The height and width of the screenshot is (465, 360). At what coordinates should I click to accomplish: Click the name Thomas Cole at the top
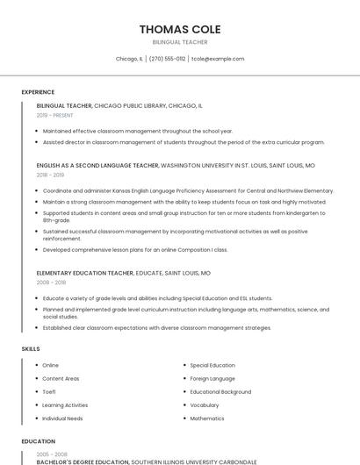point(180,30)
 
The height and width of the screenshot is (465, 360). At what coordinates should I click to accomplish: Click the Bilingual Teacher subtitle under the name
point(180,42)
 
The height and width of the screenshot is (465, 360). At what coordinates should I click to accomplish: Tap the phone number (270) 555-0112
point(167,59)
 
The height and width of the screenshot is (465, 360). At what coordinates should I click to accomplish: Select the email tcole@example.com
point(218,59)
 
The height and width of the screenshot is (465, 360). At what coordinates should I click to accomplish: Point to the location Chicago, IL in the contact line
point(129,59)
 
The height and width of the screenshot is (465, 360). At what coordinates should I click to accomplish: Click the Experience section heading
point(38,91)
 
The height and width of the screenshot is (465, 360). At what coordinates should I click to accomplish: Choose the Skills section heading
point(31,349)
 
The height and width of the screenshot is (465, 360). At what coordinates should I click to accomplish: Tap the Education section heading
point(39,441)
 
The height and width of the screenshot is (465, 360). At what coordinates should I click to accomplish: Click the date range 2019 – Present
point(54,115)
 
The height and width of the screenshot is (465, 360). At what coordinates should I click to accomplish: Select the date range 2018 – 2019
point(52,175)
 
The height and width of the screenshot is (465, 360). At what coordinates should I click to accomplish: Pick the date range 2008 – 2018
point(52,283)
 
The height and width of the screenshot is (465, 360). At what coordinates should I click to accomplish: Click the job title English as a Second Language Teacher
point(97,165)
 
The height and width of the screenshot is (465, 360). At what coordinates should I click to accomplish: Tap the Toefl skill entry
point(49,391)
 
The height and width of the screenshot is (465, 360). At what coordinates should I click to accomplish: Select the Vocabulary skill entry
point(205,405)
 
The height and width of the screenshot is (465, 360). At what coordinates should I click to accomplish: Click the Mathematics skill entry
point(207,418)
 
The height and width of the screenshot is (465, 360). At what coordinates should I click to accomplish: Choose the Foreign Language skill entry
point(212,378)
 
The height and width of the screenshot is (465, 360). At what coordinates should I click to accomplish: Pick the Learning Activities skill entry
point(65,405)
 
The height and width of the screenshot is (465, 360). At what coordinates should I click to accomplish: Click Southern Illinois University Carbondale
point(194,461)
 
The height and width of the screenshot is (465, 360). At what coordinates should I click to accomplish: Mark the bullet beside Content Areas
point(36,378)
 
